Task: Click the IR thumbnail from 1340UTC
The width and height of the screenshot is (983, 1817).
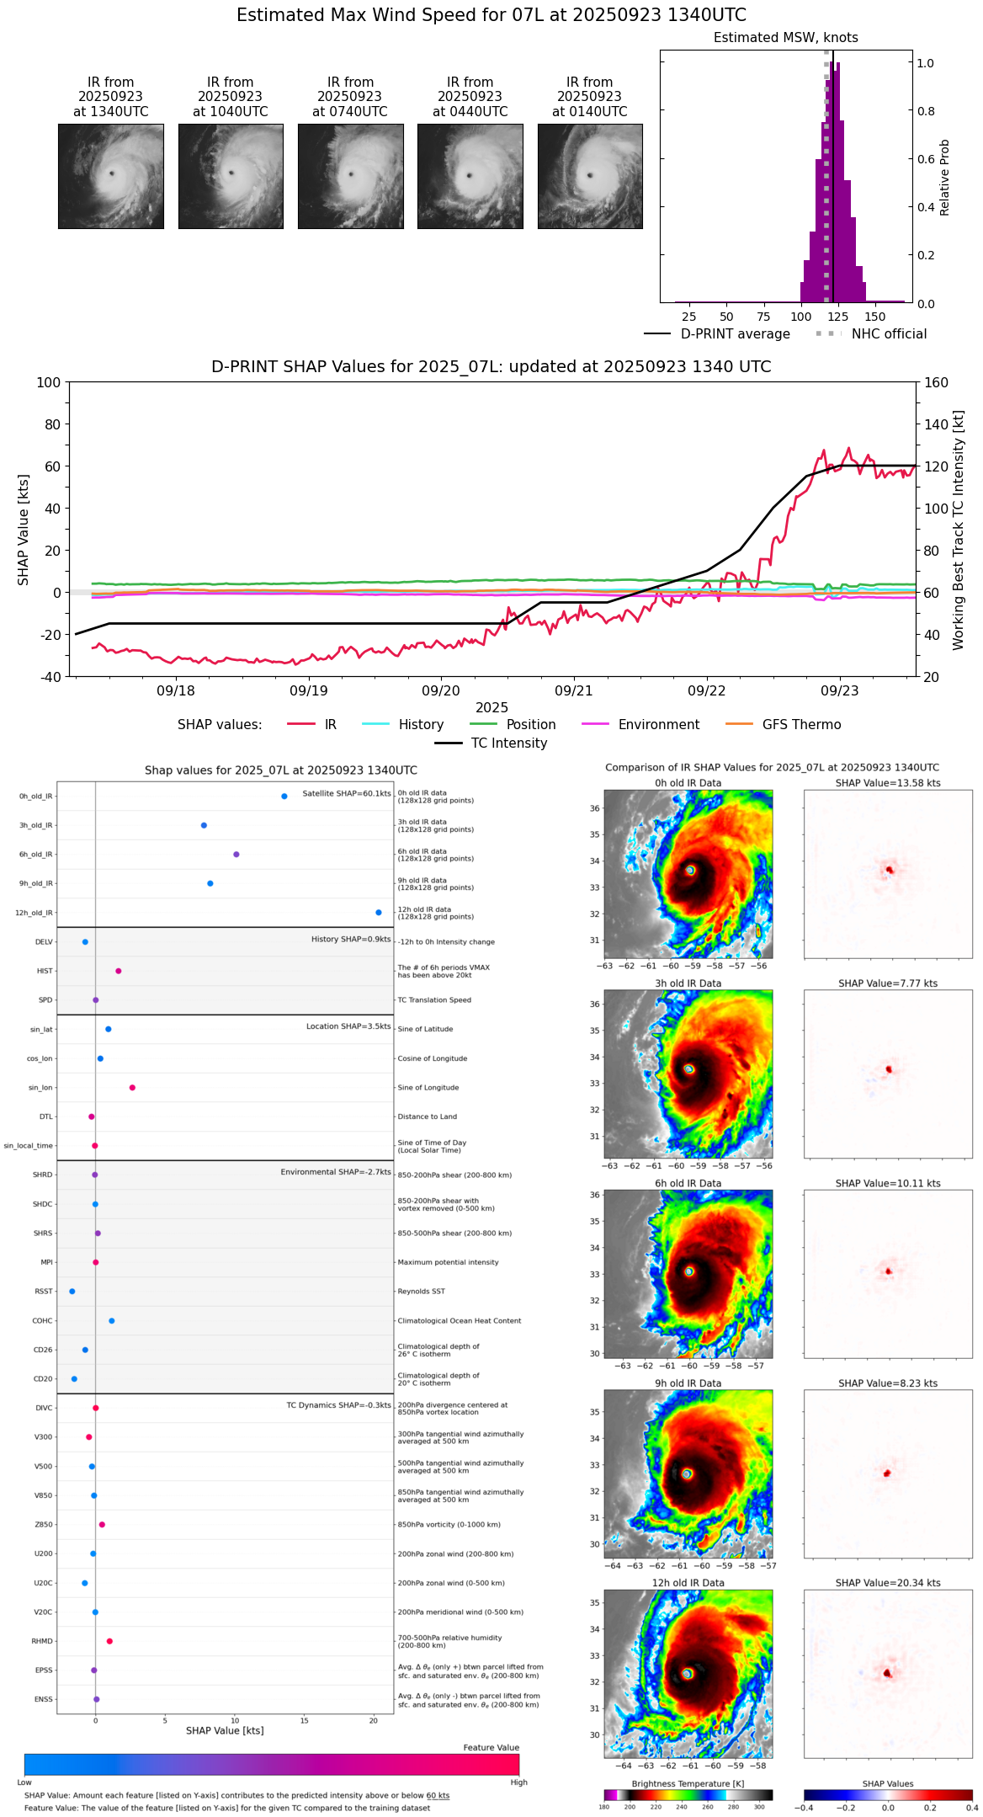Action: pos(110,176)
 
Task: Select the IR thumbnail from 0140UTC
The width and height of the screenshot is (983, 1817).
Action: pos(589,176)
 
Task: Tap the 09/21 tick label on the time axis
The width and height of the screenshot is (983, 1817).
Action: pos(573,690)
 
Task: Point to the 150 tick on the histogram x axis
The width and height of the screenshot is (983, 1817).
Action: pos(875,317)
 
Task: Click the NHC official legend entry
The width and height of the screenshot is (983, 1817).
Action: pos(888,334)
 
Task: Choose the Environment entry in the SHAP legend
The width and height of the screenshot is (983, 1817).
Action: pos(658,725)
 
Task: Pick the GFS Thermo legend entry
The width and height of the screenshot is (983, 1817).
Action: pos(801,725)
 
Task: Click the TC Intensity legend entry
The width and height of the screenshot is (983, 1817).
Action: pos(508,743)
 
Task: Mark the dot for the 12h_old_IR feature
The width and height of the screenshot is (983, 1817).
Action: pos(379,913)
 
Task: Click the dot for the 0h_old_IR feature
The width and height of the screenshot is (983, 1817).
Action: pos(284,797)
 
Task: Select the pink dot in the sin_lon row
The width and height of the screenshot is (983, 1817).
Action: pos(132,1088)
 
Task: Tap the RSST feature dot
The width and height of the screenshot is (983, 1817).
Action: pos(72,1292)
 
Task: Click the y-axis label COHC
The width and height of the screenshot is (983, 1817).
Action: pos(42,1321)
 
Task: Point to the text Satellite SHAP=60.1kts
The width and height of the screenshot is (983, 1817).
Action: pos(347,794)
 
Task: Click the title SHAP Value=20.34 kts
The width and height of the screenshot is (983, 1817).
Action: pos(887,1583)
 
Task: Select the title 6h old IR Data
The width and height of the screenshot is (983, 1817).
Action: pos(688,1183)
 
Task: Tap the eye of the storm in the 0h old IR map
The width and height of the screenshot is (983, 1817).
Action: pos(690,870)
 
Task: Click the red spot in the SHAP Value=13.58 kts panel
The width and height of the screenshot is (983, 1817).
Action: pos(889,870)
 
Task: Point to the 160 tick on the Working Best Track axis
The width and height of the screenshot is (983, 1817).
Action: pos(937,383)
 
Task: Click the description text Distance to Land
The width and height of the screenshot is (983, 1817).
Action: pos(427,1116)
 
